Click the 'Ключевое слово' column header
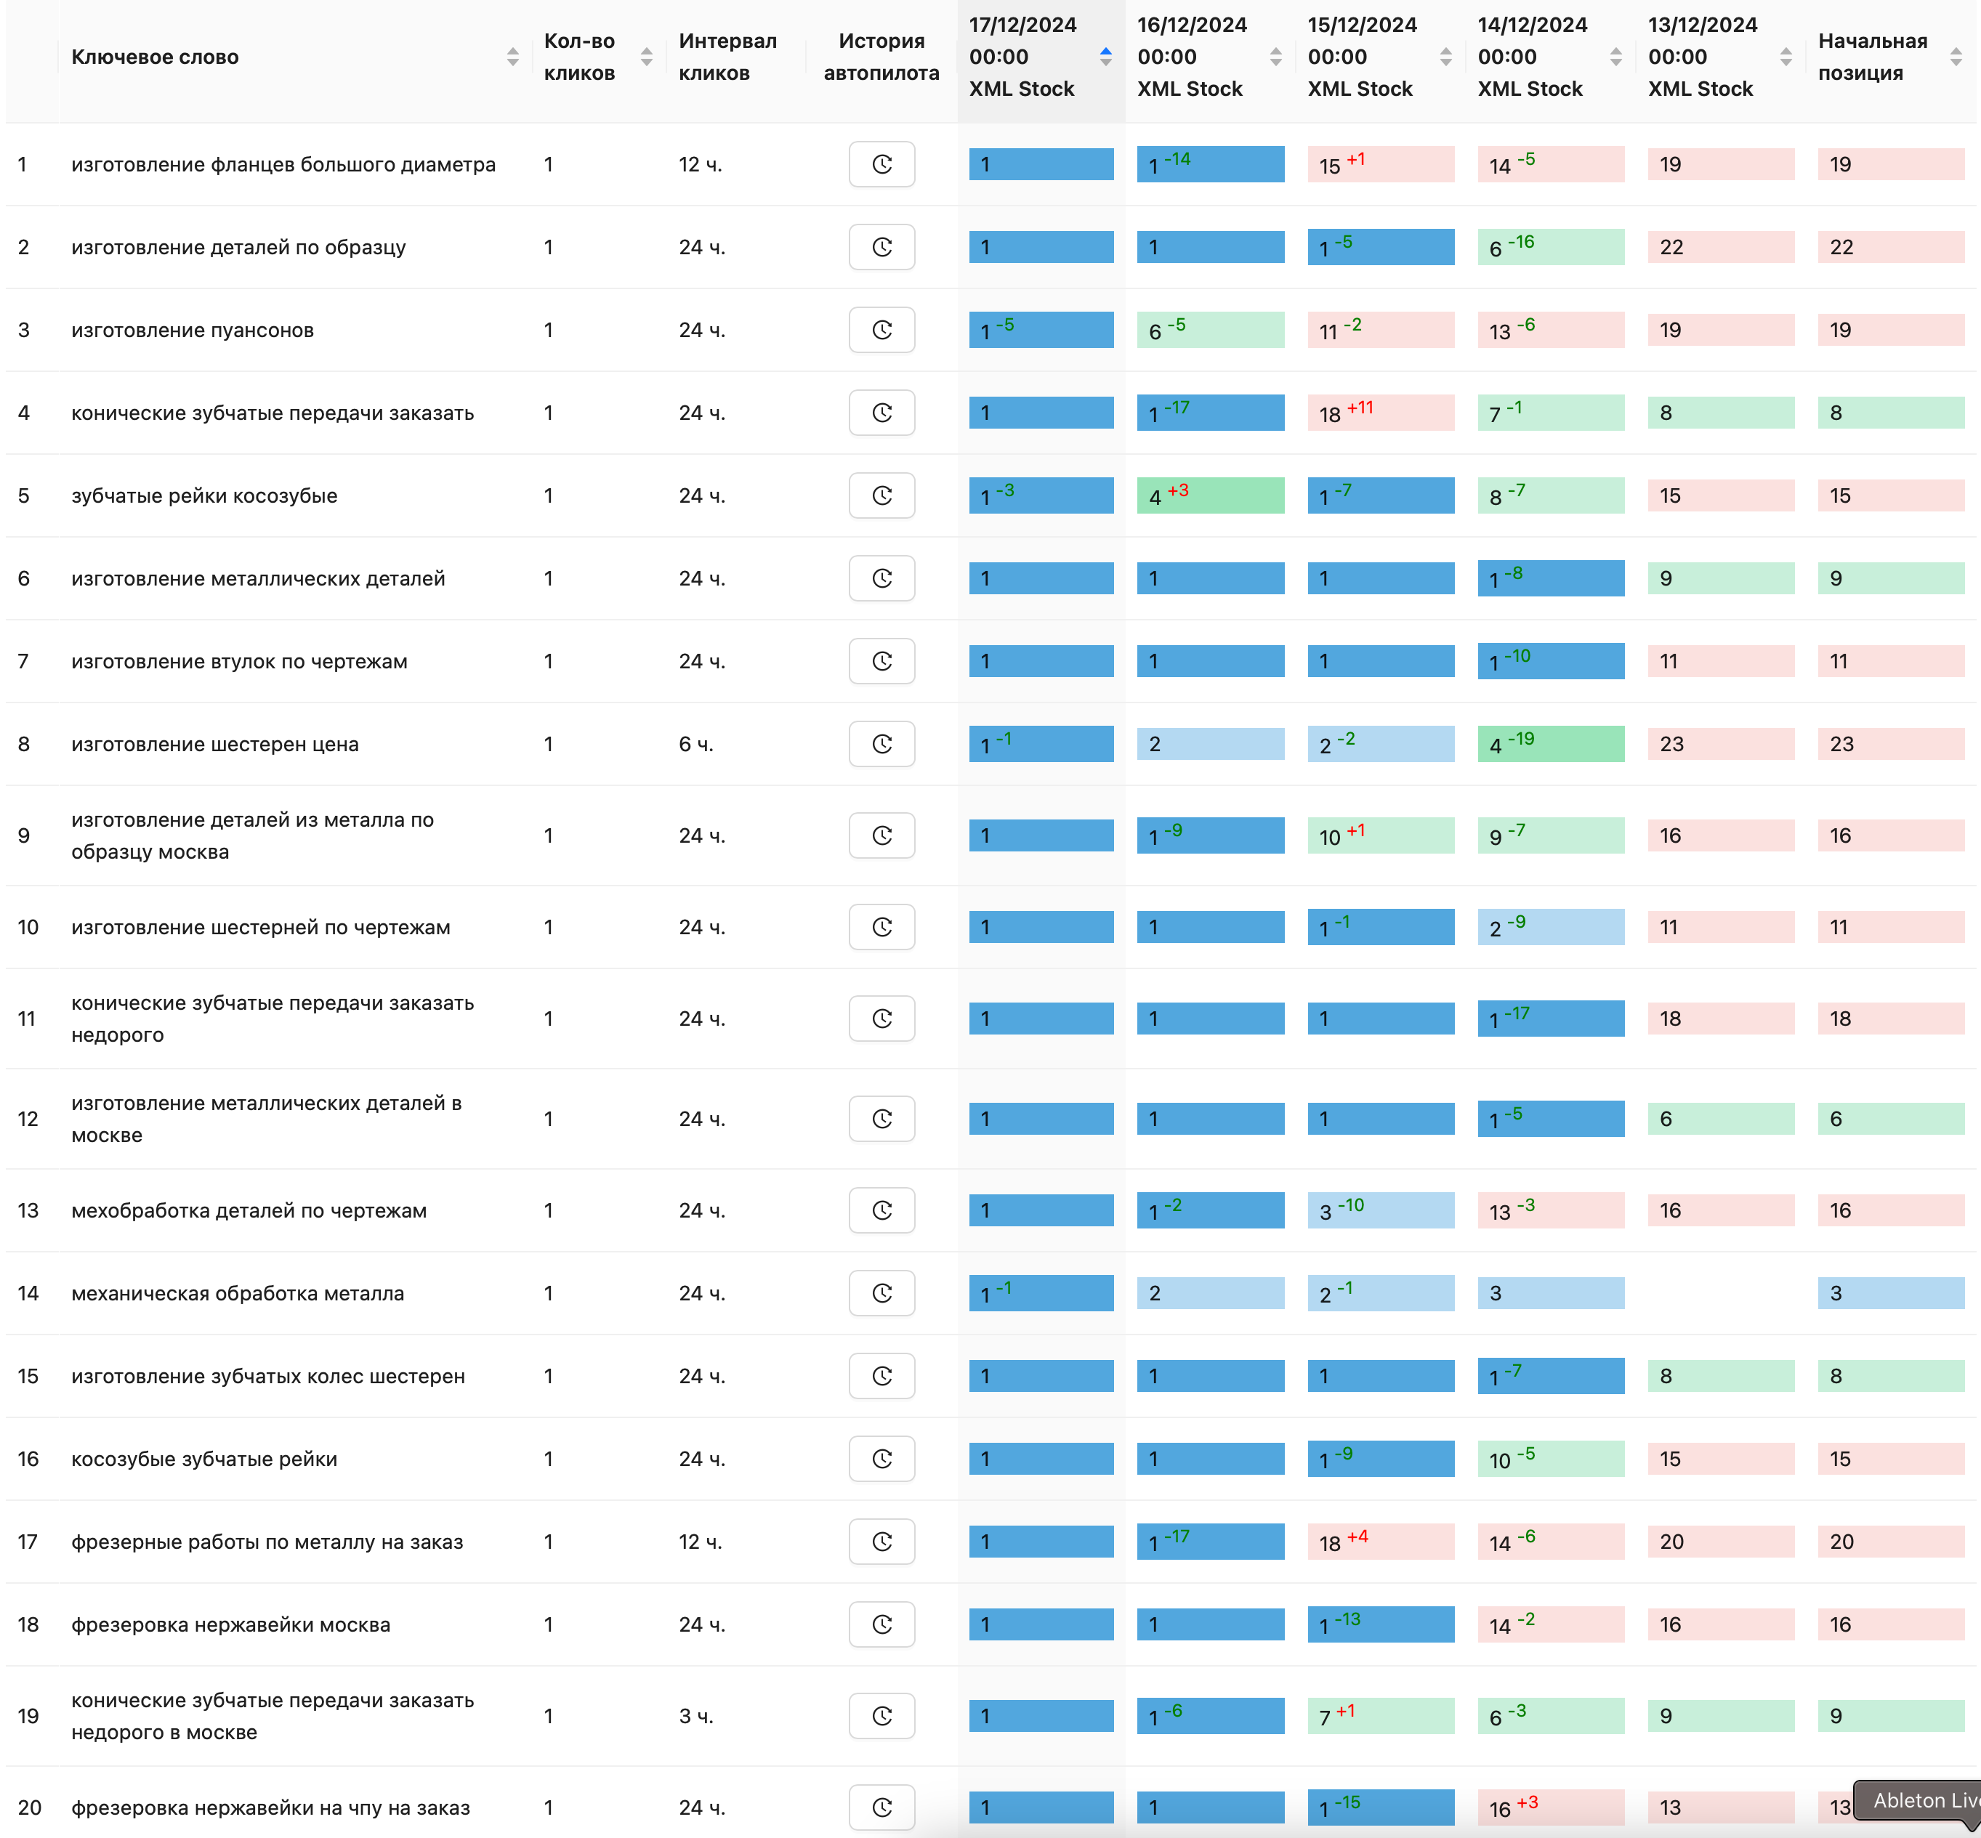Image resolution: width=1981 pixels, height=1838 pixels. (x=156, y=57)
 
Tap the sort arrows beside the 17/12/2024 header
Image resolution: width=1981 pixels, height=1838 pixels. (x=1105, y=57)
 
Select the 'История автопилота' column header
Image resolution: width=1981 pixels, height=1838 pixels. (x=881, y=57)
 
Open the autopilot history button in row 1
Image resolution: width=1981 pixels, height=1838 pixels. (x=881, y=164)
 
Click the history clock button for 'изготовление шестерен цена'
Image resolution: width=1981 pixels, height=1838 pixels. (x=881, y=744)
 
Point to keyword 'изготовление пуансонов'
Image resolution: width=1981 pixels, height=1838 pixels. (x=192, y=331)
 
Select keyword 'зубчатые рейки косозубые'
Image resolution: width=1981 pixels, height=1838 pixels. (x=204, y=496)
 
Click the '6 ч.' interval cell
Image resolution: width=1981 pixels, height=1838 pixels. (x=695, y=744)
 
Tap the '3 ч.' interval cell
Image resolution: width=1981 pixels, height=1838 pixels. (x=695, y=1716)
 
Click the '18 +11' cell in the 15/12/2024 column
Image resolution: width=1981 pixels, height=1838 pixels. (x=1380, y=413)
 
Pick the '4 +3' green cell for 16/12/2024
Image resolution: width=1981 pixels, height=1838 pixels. (x=1210, y=495)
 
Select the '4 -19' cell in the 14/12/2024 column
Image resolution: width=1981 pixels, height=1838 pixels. (x=1550, y=744)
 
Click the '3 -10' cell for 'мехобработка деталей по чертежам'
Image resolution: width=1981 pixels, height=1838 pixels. (x=1380, y=1210)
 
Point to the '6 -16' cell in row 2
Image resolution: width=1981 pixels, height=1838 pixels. (x=1550, y=248)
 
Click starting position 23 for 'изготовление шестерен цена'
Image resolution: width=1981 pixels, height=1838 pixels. (x=1889, y=744)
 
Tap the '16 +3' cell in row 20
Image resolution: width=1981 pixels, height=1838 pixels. (x=1550, y=1807)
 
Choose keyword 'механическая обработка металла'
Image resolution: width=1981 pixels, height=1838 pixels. (x=238, y=1294)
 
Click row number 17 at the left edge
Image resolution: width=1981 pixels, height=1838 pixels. (x=28, y=1542)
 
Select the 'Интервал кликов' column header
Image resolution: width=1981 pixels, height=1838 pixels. (x=727, y=57)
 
